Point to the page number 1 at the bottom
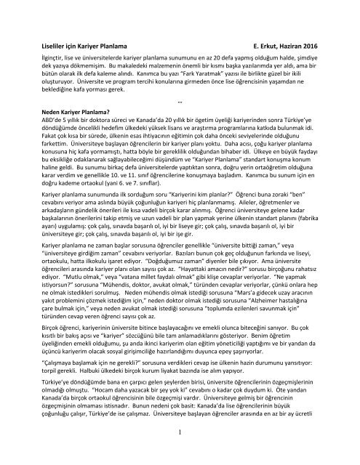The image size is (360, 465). pos(180,454)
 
